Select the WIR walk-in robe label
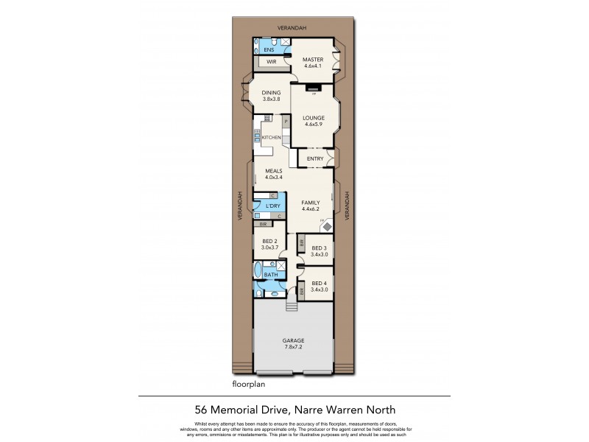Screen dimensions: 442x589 pyautogui.click(x=271, y=63)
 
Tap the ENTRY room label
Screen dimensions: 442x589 pyautogui.click(x=315, y=158)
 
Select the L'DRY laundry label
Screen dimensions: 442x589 pyautogui.click(x=272, y=206)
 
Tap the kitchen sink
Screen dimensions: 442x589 pyautogui.click(x=258, y=136)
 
